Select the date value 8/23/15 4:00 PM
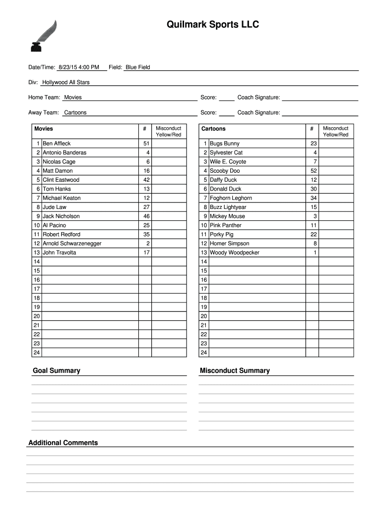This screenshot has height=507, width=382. click(78, 67)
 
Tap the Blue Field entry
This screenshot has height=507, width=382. click(137, 67)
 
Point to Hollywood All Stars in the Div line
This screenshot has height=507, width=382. click(65, 82)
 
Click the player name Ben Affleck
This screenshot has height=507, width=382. click(57, 144)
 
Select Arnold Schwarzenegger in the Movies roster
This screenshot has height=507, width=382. click(72, 244)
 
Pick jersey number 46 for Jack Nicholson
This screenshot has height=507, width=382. click(146, 216)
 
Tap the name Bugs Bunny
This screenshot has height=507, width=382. click(224, 144)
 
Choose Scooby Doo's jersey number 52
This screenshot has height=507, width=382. click(314, 171)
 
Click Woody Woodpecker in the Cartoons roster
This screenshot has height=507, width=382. click(234, 253)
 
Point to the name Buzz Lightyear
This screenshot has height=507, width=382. click(228, 207)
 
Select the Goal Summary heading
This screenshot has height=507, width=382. click(56, 371)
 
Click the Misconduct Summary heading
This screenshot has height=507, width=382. click(234, 371)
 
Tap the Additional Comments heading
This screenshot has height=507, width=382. click(63, 443)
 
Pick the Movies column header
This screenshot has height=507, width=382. click(44, 129)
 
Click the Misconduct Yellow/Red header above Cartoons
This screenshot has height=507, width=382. click(335, 131)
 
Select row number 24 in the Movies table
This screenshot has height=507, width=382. click(36, 353)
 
